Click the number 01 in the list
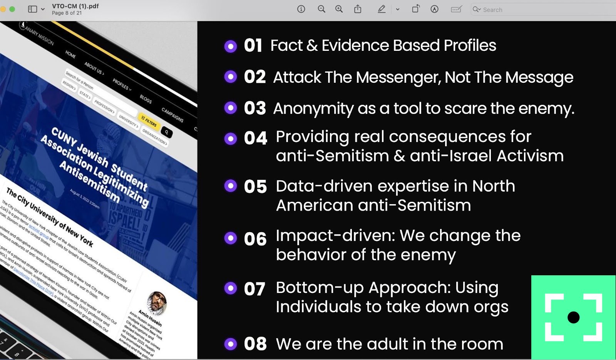253,45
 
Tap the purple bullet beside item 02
231,77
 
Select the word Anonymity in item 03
313,109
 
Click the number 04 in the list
255,138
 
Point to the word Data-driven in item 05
324,186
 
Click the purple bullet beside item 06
231,238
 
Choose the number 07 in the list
254,289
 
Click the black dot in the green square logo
573,317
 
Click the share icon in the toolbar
358,9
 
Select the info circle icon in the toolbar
301,9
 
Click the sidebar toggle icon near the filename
33,9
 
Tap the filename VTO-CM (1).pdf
75,6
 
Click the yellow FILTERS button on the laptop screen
149,121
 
